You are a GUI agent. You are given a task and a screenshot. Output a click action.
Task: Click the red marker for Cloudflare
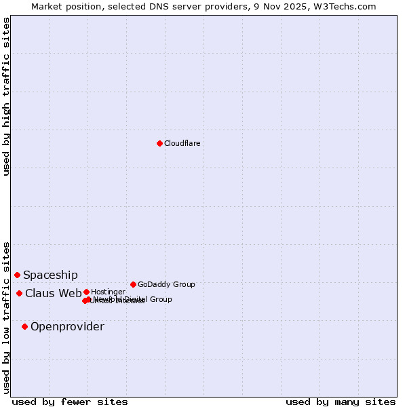click(x=159, y=143)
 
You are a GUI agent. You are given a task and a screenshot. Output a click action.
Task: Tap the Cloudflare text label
click(x=182, y=143)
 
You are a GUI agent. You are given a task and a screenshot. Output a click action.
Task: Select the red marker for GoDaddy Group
click(x=133, y=284)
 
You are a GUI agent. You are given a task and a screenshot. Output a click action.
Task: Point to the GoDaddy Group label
click(x=166, y=284)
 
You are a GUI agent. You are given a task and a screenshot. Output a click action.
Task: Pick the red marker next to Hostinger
click(x=86, y=292)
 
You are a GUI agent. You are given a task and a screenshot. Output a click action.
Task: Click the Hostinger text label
click(x=108, y=292)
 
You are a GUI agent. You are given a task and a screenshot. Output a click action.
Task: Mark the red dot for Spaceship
click(x=17, y=275)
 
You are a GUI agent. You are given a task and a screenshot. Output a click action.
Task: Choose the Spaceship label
click(x=50, y=275)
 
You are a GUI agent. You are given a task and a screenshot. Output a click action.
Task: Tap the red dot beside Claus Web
click(x=19, y=293)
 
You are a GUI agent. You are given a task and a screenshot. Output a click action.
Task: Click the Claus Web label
click(x=54, y=293)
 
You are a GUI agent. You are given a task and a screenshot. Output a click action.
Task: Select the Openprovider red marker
click(x=24, y=326)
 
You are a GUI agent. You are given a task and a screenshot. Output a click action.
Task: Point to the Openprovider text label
click(x=67, y=326)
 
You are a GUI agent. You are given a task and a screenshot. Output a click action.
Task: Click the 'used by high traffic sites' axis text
click(x=7, y=96)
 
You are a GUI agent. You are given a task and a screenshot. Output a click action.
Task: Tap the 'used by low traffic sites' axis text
click(x=7, y=317)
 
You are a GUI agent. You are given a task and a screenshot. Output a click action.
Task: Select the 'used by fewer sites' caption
click(x=70, y=402)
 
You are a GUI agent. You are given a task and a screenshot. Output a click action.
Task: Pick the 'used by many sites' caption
click(x=341, y=402)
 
